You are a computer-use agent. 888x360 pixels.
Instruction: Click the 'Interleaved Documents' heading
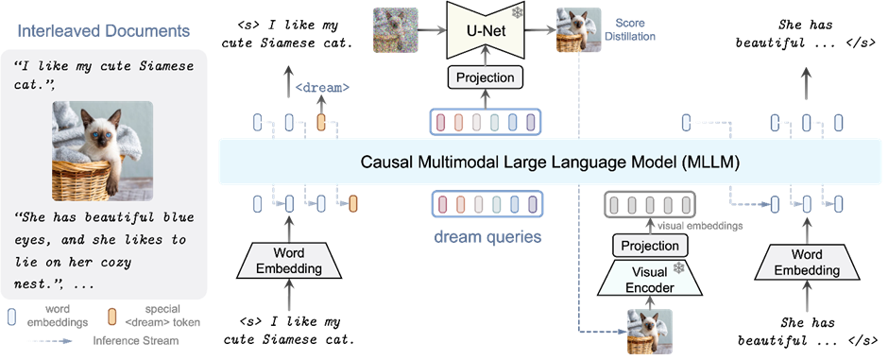pos(104,31)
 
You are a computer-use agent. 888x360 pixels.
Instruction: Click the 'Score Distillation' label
pos(635,29)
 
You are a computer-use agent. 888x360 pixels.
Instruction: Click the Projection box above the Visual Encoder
pos(651,246)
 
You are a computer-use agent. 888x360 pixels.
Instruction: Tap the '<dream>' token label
pos(323,87)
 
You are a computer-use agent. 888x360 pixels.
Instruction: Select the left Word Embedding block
pos(297,262)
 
